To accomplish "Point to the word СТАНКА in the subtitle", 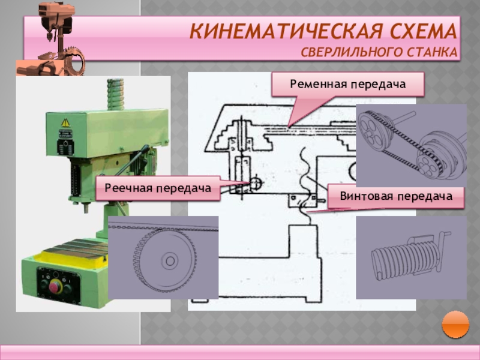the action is pos(434,53).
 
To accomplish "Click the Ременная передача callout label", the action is pos(348,85).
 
